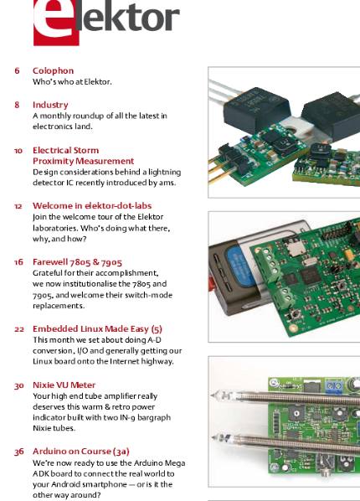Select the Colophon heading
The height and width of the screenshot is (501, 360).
[x=53, y=71]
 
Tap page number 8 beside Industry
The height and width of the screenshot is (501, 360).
[x=17, y=105]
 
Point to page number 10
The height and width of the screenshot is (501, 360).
[x=18, y=151]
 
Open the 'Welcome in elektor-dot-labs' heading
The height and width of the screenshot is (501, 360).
[x=92, y=205]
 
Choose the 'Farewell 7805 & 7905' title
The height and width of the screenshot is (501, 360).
[x=77, y=262]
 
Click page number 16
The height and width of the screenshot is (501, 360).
[x=18, y=262]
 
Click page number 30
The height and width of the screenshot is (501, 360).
[x=18, y=385]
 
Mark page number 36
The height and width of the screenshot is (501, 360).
[x=18, y=452]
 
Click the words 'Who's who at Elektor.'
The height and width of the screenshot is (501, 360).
[x=72, y=82]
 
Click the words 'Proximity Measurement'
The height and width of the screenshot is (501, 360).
[x=83, y=161]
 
